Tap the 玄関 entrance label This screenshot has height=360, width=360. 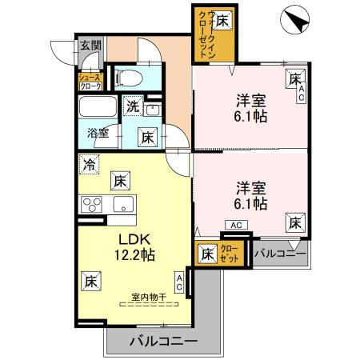click(89, 46)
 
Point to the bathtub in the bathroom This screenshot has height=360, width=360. click(98, 108)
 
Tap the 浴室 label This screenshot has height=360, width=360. click(98, 134)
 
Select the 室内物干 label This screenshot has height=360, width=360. click(149, 297)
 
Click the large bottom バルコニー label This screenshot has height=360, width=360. click(164, 341)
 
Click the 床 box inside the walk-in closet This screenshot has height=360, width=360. click(222, 19)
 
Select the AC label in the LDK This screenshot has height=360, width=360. click(180, 281)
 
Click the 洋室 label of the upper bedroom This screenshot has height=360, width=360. click(250, 101)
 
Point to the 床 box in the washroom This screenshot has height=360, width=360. click(148, 137)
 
